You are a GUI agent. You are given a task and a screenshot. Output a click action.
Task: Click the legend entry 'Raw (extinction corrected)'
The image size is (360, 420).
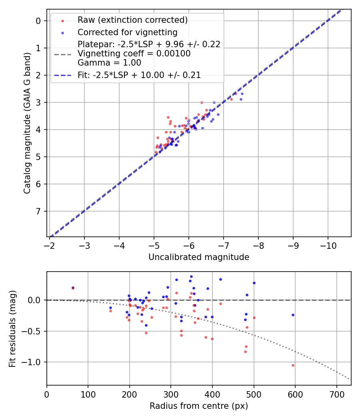132,20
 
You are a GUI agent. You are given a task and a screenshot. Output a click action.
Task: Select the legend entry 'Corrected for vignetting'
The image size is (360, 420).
127,32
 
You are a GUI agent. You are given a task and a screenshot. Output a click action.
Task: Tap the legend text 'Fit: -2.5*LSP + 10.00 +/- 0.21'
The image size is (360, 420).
139,75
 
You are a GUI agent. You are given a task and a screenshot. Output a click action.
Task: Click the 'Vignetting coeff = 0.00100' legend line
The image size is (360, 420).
134,54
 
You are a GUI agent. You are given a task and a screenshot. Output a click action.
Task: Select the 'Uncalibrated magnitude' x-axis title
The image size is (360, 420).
199,257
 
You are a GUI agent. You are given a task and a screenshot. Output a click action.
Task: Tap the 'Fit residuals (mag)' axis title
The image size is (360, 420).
13,328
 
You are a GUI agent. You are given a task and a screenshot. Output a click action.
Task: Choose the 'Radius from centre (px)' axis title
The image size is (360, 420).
199,406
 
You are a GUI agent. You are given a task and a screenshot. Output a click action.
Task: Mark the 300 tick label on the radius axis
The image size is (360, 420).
171,394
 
